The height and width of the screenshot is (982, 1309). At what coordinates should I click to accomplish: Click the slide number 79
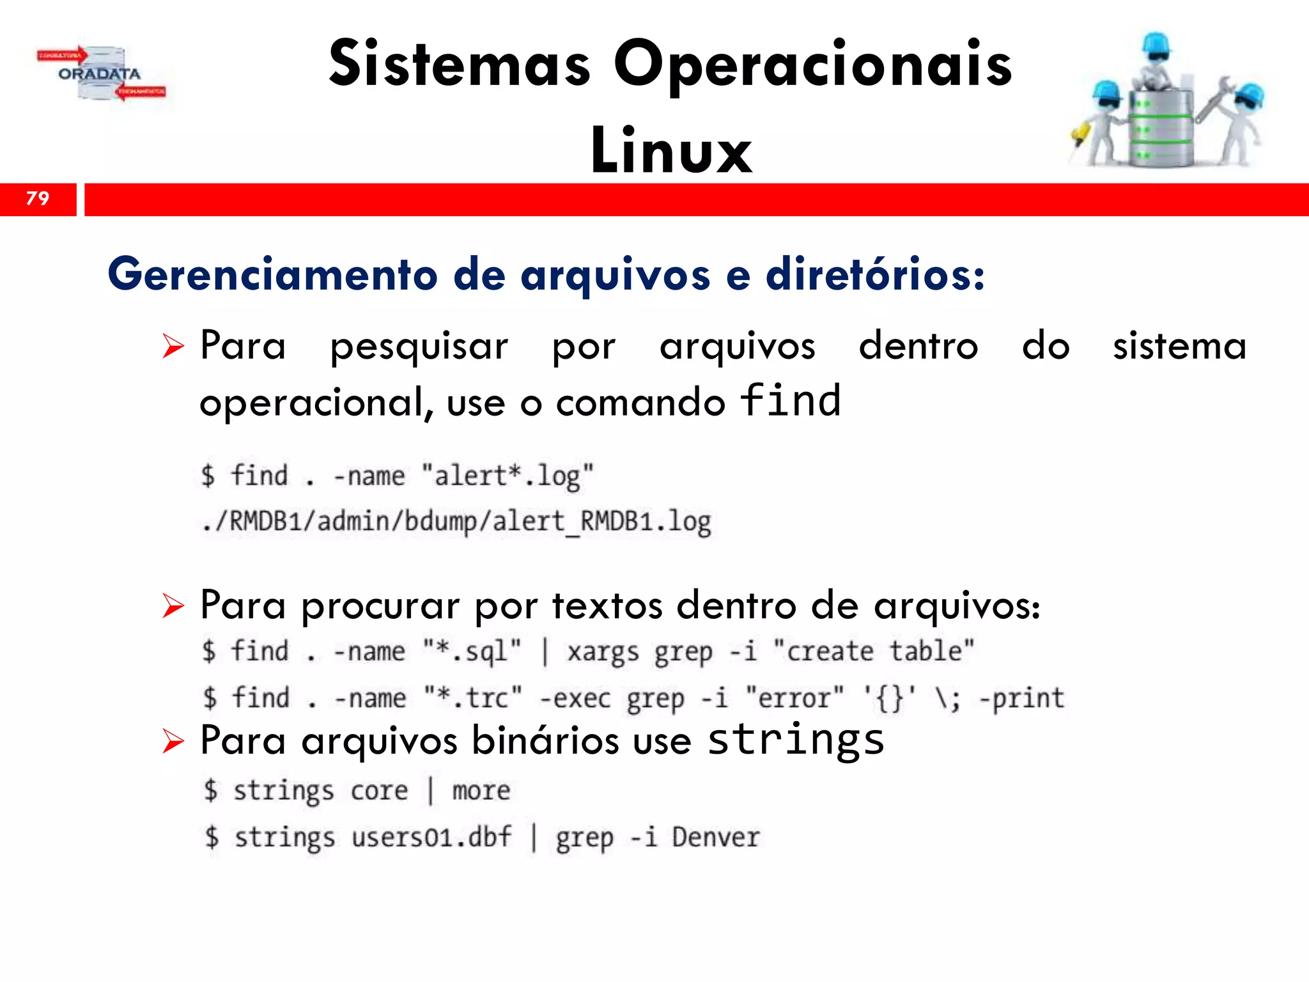(x=38, y=198)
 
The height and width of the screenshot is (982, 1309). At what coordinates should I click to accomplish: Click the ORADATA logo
(x=101, y=74)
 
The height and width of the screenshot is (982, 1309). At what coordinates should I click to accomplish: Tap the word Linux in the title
(x=671, y=151)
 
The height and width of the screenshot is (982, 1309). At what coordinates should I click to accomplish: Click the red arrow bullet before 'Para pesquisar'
(x=173, y=347)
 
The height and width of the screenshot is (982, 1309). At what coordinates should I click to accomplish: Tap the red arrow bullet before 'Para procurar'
(x=173, y=605)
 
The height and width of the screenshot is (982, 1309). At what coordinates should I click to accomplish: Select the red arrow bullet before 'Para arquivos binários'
(x=173, y=742)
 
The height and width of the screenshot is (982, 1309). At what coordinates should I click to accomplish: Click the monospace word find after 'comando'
(x=790, y=401)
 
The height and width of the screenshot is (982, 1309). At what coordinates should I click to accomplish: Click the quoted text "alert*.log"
(x=507, y=476)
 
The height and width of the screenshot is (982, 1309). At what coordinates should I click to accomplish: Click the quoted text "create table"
(x=874, y=651)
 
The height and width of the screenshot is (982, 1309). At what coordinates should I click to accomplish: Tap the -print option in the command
(x=1022, y=698)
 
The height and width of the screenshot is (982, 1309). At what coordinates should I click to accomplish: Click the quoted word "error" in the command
(x=794, y=698)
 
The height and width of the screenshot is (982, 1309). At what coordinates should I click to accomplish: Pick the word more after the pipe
(x=481, y=791)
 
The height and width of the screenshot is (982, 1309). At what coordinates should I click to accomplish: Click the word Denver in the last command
(x=716, y=838)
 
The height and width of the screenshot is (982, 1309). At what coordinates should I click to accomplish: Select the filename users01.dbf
(x=431, y=838)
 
